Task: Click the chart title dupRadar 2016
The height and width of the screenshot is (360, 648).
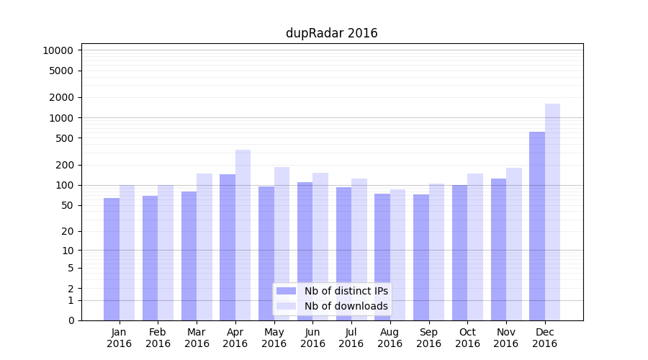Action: (331, 33)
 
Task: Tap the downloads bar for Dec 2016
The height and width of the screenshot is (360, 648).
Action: (552, 212)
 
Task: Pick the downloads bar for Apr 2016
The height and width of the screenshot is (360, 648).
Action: (243, 235)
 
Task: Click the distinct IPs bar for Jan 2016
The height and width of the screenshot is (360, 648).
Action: (112, 258)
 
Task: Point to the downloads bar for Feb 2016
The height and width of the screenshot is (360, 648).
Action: (166, 252)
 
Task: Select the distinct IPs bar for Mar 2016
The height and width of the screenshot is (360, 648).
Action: (189, 256)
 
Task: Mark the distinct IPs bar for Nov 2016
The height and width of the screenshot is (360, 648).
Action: (498, 249)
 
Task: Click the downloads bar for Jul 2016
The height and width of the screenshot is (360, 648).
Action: (359, 249)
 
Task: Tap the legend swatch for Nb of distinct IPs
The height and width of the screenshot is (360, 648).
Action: (286, 291)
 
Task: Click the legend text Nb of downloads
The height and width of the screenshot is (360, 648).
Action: (346, 306)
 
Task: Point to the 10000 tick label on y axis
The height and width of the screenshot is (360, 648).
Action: (58, 50)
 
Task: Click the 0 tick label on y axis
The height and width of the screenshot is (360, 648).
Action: (71, 320)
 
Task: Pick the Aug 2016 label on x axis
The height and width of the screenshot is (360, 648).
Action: (390, 338)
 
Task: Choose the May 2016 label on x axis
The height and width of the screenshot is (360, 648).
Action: (274, 338)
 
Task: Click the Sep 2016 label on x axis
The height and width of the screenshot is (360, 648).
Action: (428, 338)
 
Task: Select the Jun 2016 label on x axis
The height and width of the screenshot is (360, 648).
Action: (312, 338)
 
